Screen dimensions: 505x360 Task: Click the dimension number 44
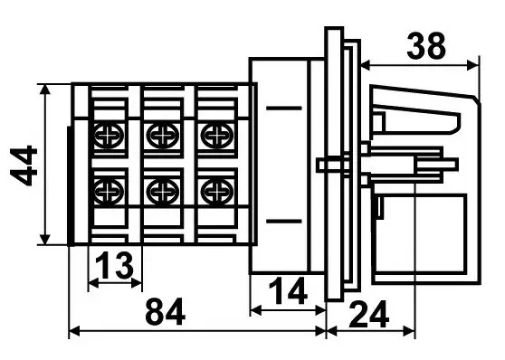[x=24, y=166]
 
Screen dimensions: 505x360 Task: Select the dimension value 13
[x=114, y=265]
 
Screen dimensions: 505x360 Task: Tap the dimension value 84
[x=166, y=312]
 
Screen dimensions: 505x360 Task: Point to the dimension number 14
[x=288, y=291]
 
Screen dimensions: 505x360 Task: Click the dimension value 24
[x=368, y=314]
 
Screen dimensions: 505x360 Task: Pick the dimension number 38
[x=426, y=46]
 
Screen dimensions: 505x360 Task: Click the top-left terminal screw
[x=109, y=136]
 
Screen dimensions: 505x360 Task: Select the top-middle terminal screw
[x=163, y=136]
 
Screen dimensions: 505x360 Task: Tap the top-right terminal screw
[x=217, y=136]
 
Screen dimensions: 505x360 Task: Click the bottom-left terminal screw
[x=109, y=192]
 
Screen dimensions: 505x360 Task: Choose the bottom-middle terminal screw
[x=163, y=192]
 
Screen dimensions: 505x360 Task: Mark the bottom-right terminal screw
[x=217, y=192]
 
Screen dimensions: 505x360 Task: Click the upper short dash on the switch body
[x=284, y=109]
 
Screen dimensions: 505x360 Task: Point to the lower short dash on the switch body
[x=284, y=222]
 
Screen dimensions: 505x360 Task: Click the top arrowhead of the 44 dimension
[x=45, y=90]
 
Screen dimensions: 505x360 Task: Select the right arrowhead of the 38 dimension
[x=473, y=65]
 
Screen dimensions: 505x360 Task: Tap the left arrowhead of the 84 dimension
[x=75, y=331]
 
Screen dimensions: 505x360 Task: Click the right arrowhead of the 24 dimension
[x=409, y=331]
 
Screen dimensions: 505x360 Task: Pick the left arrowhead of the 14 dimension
[x=256, y=311]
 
